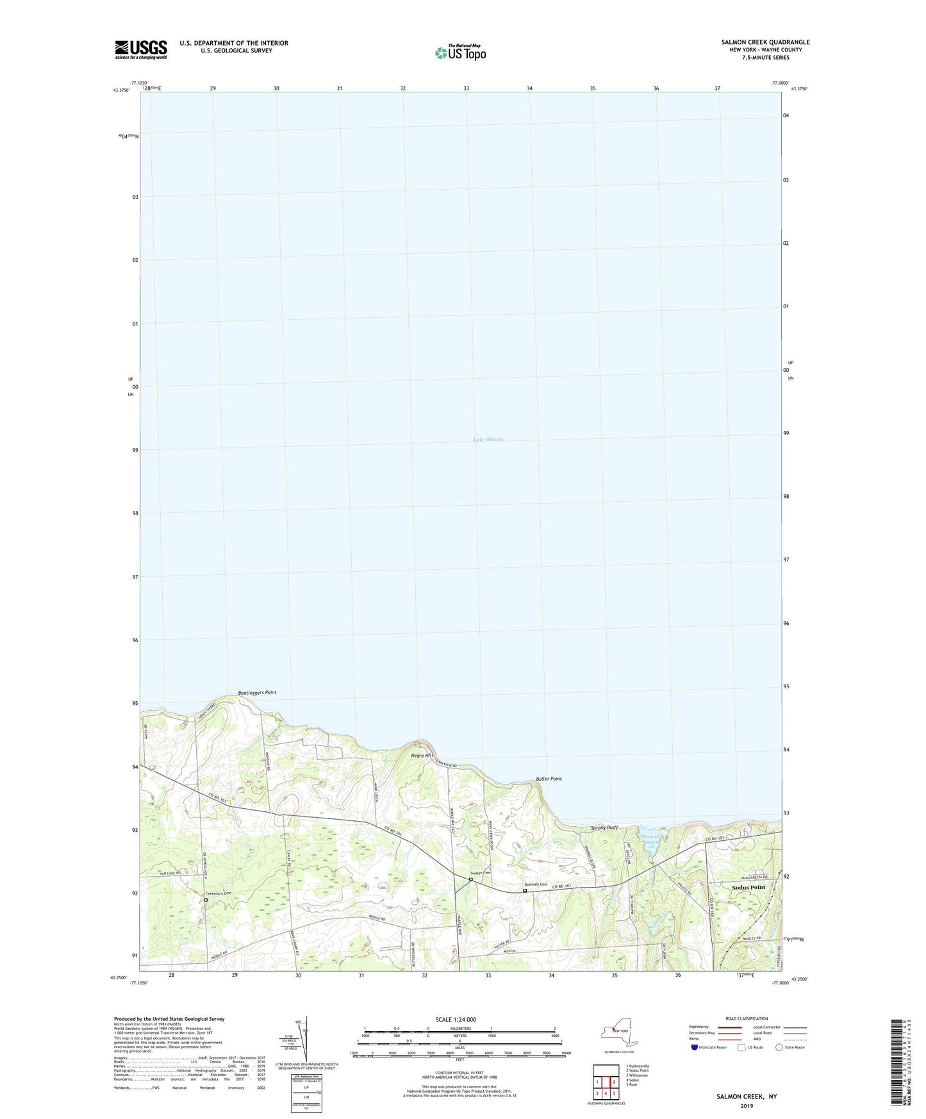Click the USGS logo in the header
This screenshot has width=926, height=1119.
141,49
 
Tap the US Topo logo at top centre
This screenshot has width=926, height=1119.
459,53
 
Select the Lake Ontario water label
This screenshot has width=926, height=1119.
489,440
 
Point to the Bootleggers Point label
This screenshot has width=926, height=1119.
257,693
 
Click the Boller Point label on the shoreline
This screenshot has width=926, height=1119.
549,779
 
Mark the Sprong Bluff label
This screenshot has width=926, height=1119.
604,827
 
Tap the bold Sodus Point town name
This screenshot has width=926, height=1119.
748,887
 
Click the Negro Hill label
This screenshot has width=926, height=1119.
422,756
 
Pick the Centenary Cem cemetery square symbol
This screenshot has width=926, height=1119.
206,900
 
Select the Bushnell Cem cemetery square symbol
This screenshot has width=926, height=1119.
525,890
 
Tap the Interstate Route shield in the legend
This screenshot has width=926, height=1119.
695,1048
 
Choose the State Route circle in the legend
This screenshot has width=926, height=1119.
779,1048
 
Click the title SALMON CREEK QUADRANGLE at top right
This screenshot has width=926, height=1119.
765,42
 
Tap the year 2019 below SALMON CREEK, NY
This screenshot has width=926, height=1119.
747,1106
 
